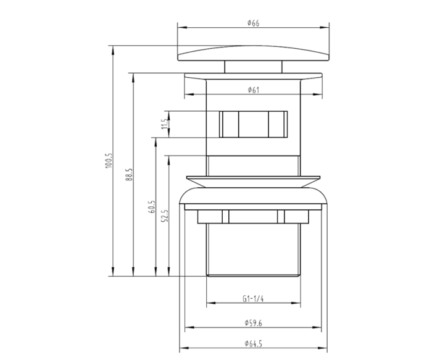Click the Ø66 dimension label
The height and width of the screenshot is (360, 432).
coord(252,23)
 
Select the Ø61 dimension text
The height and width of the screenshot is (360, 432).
coord(252,90)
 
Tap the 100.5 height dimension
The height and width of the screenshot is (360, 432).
coord(109,162)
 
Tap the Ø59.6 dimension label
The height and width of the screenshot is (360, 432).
coord(253,322)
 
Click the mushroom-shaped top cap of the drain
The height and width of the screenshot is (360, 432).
coord(252,52)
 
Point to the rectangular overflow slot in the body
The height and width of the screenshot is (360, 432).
coord(252,123)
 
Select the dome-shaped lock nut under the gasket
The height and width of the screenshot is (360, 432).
coord(252,199)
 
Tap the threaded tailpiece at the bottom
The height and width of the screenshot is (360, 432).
coord(252,250)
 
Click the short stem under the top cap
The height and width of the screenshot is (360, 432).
coord(252,67)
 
